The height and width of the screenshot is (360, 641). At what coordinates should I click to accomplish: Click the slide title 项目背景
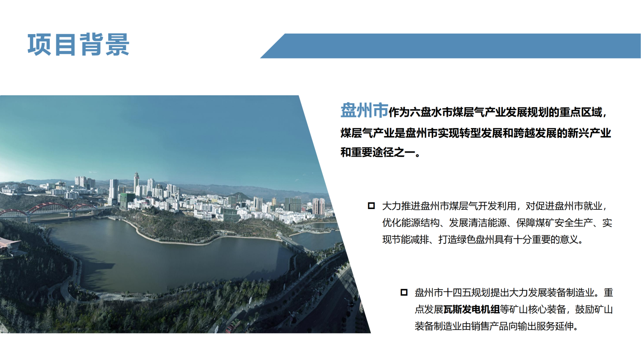79,44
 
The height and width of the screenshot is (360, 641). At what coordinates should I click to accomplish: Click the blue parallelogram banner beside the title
450,46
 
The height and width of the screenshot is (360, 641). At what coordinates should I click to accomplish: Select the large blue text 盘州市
364,111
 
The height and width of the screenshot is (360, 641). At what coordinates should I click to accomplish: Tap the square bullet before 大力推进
371,206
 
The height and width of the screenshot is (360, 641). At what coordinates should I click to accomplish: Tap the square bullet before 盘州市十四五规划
404,292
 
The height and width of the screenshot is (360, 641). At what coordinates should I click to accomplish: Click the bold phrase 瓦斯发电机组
471,310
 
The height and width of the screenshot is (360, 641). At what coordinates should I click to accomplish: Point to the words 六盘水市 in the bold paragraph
431,113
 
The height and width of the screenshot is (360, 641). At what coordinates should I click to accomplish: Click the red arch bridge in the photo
48,209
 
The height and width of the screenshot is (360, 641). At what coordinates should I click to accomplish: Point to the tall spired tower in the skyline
136,183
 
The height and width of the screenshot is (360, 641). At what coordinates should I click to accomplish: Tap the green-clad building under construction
127,201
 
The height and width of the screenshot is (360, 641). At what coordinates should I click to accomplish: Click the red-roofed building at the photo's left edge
8,245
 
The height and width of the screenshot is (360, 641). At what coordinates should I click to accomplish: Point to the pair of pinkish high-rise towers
318,206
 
